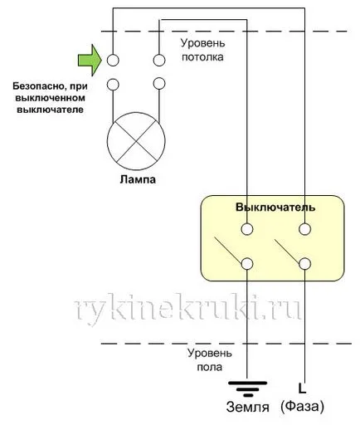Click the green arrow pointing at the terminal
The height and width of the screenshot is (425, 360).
coord(90,60)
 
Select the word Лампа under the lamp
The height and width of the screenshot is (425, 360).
coord(138,179)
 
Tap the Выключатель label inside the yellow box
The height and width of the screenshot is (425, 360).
coord(275,208)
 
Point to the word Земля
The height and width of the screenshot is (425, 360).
coord(247,407)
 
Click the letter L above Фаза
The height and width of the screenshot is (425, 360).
coord(302,388)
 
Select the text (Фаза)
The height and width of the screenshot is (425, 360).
coord(302,407)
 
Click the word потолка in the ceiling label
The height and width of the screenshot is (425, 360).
coord(202,57)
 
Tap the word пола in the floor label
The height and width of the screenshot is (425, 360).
coord(209,367)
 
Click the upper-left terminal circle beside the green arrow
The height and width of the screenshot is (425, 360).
coord(113,60)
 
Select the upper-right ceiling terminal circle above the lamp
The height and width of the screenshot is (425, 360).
coord(159,60)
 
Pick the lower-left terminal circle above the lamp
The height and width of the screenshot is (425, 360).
coord(113,84)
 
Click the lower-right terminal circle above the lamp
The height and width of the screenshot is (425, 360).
coord(159,84)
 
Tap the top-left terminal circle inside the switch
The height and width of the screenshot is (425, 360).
coord(247,229)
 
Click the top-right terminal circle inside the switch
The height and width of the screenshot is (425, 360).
coord(304,229)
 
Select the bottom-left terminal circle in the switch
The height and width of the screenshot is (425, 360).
coord(247,264)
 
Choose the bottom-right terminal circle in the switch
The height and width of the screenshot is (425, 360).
coord(304,264)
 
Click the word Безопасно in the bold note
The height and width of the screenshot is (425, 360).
coord(39,86)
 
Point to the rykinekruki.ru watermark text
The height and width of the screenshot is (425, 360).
coord(187,309)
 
